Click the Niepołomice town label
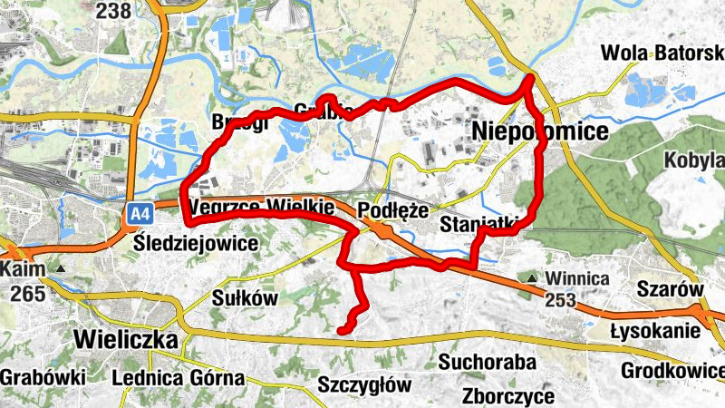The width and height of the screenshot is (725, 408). [x=540, y=133]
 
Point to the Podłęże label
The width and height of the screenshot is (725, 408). [x=392, y=209]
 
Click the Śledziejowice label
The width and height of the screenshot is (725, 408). [x=195, y=243]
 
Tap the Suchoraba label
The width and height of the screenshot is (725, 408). [x=488, y=363]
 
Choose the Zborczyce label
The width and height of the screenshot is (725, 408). [x=507, y=396]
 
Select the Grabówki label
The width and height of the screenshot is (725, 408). [x=43, y=377]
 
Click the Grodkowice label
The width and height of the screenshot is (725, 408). [x=672, y=371]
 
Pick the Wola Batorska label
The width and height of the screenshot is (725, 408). [x=663, y=53]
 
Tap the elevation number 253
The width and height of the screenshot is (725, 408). [x=560, y=299]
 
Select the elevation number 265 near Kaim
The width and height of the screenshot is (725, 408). [x=29, y=294]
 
